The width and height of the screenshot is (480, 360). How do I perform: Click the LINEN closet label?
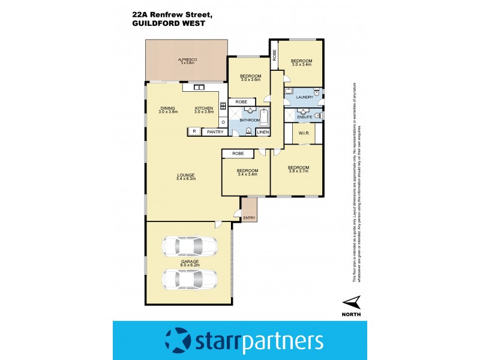[x=263, y=131]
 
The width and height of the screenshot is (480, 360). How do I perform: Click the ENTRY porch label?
[x=248, y=218]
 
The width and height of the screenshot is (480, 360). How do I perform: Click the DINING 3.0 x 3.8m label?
[x=168, y=110]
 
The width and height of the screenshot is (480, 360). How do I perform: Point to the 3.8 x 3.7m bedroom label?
[x=298, y=169]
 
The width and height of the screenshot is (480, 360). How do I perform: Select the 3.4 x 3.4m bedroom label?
[x=247, y=172]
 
